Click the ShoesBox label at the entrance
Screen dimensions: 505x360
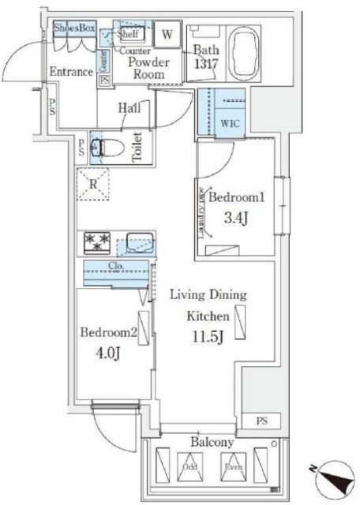tap(74, 28)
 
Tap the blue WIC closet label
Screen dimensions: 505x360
tap(231, 124)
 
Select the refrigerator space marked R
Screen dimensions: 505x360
tap(93, 186)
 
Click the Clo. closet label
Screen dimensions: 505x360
tap(115, 266)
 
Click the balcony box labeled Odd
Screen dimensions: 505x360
tap(192, 465)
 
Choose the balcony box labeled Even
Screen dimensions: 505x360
tap(232, 465)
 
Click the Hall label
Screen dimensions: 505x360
tap(131, 108)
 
